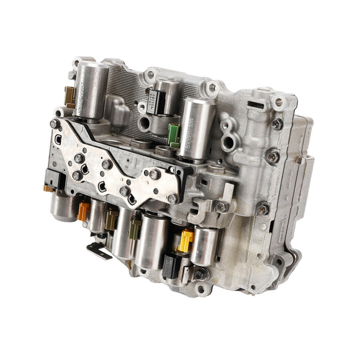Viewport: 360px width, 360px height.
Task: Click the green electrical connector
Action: coord(174,133)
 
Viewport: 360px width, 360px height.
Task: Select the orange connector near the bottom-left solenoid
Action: coord(83,210)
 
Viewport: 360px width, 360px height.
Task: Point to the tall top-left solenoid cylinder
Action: coord(91,90)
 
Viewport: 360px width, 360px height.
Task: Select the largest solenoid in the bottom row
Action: coord(151,240)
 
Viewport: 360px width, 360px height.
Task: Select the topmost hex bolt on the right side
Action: coord(276,123)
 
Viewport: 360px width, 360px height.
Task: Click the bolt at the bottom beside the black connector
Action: coord(200,274)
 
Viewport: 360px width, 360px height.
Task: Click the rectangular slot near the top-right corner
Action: coord(256,97)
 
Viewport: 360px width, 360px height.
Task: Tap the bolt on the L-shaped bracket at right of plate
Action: coord(222,206)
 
